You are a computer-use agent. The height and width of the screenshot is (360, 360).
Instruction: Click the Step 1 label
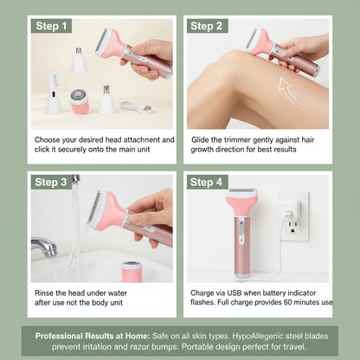[x=51, y=26]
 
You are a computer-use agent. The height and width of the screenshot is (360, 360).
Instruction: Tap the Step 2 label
[x=207, y=26]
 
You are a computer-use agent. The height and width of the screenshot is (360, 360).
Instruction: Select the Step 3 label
[x=51, y=182]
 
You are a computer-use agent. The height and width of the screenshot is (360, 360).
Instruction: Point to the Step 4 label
[x=207, y=182]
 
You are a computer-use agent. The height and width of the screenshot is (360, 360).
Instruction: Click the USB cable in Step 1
[x=137, y=107]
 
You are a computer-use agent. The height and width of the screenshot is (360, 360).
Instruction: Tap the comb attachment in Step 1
[x=54, y=93]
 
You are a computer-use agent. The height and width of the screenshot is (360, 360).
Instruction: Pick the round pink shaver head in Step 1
[x=79, y=101]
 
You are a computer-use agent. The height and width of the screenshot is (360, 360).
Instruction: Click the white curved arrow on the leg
[x=291, y=93]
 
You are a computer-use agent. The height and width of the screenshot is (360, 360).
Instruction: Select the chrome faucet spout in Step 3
[x=44, y=247]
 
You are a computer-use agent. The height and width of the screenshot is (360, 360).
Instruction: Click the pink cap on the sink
[x=132, y=272]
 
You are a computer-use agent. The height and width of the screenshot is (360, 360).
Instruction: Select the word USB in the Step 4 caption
[x=234, y=293]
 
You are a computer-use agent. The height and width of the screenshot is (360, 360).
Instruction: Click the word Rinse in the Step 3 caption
[x=44, y=293]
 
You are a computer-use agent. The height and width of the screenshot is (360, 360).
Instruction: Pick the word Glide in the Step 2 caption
[x=200, y=140]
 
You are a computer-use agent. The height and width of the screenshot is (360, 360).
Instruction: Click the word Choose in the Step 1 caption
[x=47, y=140]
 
